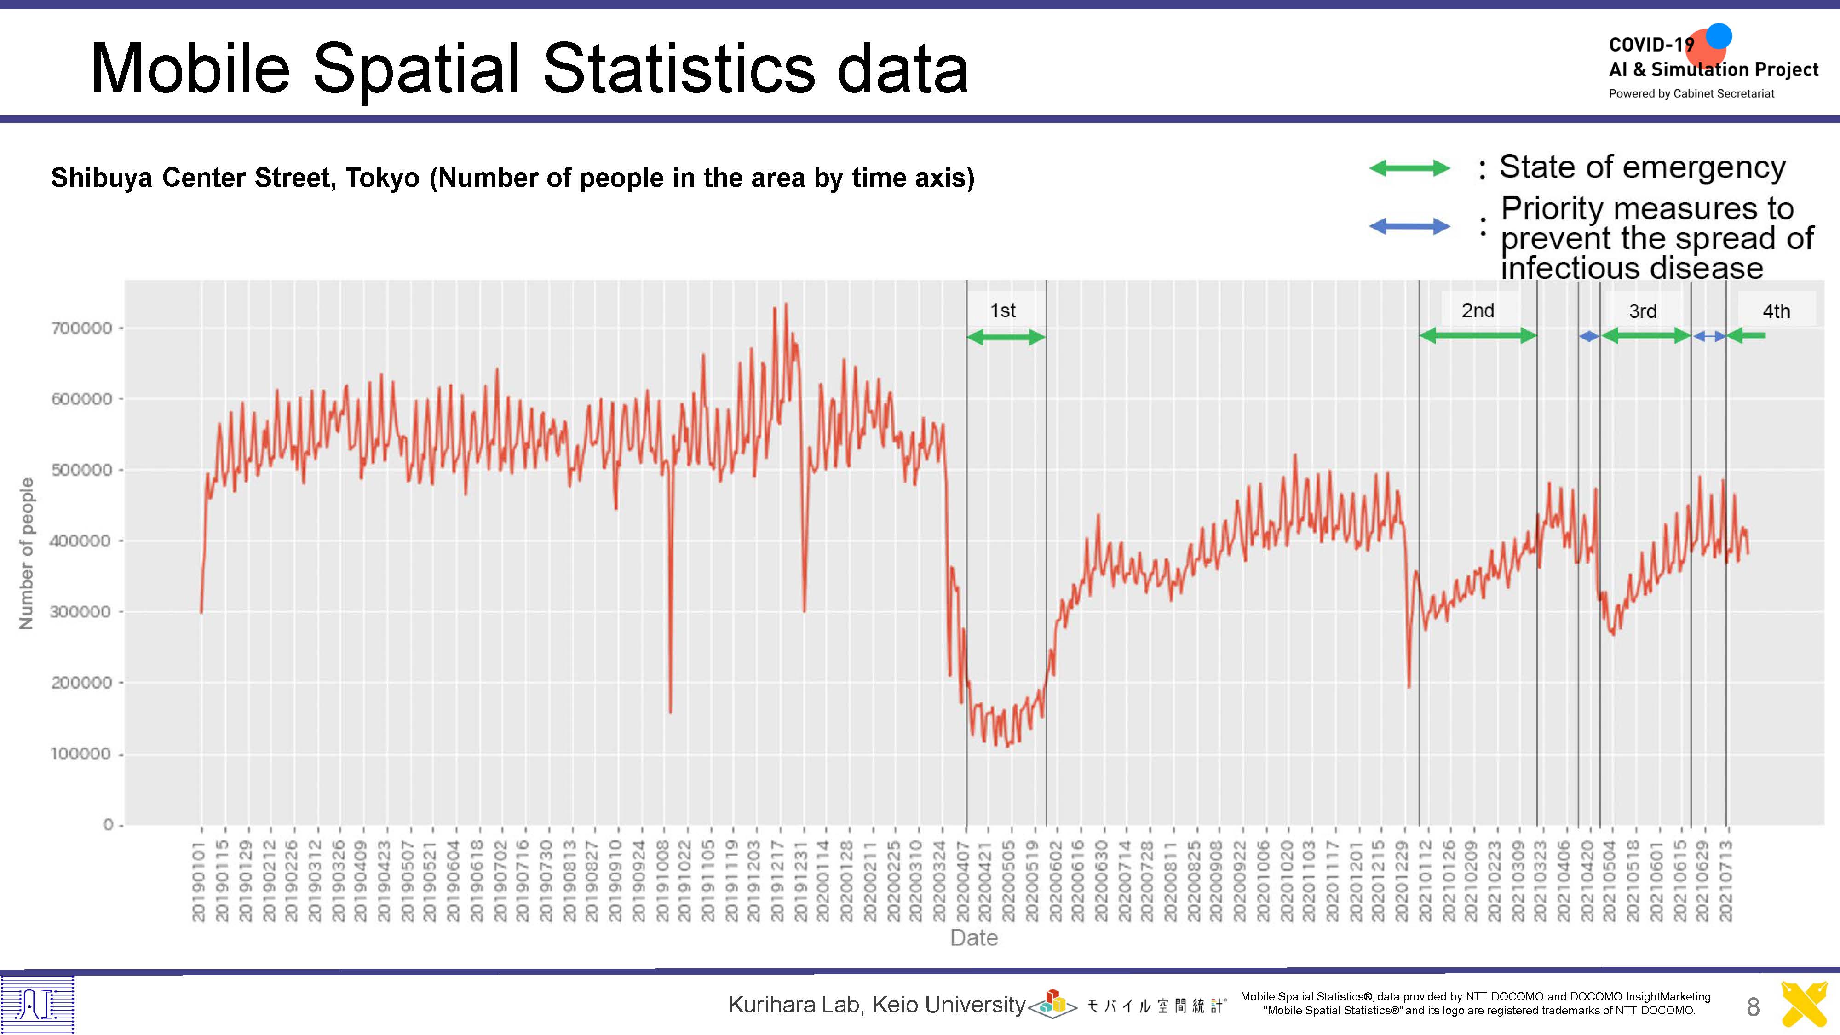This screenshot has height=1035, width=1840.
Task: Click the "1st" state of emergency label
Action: (x=1002, y=310)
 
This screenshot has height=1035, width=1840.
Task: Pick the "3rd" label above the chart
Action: (x=1643, y=311)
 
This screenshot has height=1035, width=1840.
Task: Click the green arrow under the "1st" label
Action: (x=1006, y=337)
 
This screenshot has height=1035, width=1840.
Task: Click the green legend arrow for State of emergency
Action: (x=1409, y=168)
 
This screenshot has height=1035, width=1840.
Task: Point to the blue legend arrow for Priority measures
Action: (x=1409, y=226)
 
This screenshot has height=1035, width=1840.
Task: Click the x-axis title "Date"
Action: (x=973, y=937)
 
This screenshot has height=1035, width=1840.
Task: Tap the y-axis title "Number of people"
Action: (x=26, y=553)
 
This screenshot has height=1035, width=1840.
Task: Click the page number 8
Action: (x=1753, y=1007)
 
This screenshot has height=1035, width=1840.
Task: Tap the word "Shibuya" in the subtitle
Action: (x=101, y=178)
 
